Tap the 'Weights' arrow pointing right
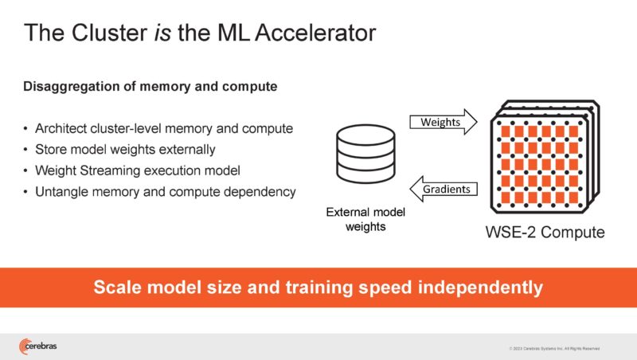(x=442, y=123)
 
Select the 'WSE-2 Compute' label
(x=545, y=233)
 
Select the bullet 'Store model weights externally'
(x=125, y=150)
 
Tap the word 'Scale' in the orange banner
(x=118, y=288)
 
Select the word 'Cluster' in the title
(x=93, y=33)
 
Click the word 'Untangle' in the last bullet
(x=61, y=192)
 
